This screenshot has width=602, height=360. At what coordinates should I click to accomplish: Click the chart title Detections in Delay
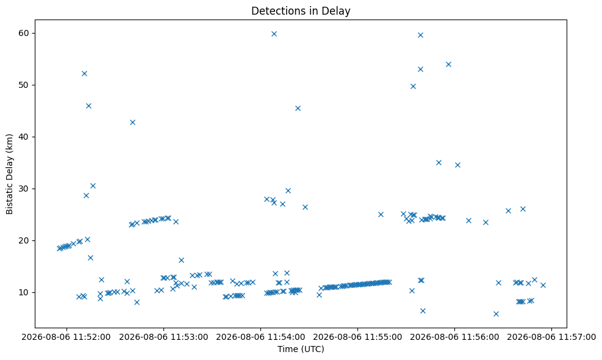[301, 11]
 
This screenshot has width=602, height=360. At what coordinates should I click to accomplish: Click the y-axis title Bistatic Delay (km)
[10, 174]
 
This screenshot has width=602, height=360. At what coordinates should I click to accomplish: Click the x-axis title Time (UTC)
[301, 349]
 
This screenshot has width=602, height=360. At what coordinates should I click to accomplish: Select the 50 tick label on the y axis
[24, 85]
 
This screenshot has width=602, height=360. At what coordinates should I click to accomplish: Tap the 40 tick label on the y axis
[24, 137]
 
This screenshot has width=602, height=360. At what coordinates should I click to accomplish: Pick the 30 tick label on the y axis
[24, 189]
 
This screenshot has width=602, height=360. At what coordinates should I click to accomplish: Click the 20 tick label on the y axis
[24, 240]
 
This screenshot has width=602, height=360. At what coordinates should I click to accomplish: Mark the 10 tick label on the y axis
[24, 292]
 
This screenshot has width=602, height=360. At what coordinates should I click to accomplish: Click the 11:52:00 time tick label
[66, 337]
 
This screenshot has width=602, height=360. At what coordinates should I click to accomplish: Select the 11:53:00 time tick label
[163, 337]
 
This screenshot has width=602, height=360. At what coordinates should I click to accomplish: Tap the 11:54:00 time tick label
[260, 337]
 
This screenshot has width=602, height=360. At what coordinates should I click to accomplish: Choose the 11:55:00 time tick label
[358, 337]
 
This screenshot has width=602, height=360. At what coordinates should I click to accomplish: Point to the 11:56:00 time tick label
[455, 337]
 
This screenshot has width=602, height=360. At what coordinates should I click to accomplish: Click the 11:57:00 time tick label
[552, 337]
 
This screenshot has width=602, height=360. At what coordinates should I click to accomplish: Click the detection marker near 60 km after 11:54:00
[274, 34]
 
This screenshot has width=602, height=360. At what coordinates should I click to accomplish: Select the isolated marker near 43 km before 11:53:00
[132, 122]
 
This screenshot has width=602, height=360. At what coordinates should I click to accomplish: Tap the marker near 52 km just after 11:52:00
[84, 73]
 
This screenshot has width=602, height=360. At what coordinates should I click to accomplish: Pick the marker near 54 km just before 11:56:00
[448, 64]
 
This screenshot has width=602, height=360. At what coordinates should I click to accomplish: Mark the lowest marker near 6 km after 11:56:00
[496, 314]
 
